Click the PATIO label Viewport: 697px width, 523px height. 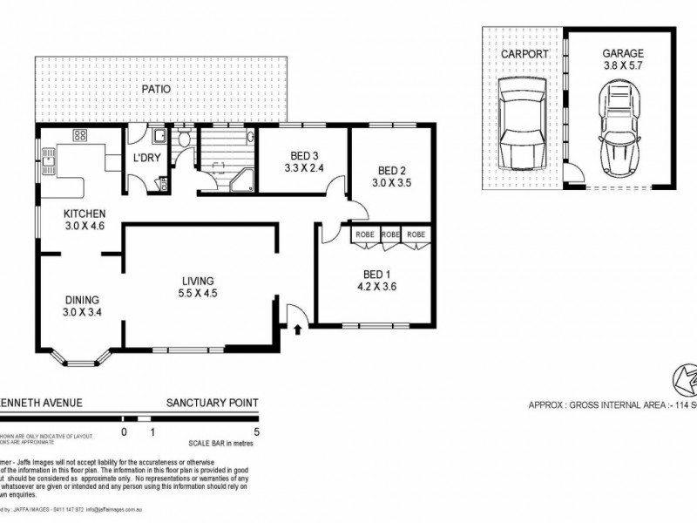[x=158, y=89]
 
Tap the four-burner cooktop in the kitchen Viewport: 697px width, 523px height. [x=79, y=136]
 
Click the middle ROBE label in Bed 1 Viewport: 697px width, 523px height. [x=389, y=234]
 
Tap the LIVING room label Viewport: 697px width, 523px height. [x=198, y=280]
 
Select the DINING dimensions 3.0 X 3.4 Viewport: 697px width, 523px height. [x=80, y=311]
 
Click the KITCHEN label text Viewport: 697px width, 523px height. [x=85, y=214]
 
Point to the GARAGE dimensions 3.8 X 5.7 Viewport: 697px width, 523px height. [x=623, y=65]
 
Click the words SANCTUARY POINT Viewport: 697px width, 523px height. [x=213, y=403]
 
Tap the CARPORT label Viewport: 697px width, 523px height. [x=524, y=53]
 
